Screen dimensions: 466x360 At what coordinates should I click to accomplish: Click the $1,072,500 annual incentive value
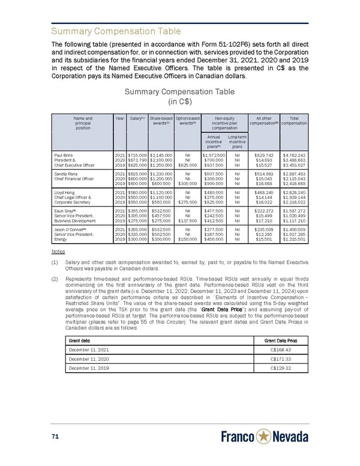[214, 156]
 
